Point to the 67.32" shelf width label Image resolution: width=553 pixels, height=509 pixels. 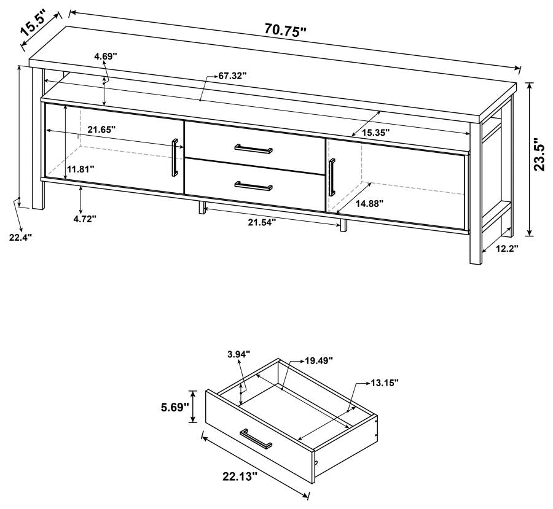tap(233, 76)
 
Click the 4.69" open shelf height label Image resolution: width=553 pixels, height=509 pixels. tap(105, 56)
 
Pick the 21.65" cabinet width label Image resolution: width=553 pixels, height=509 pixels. tap(101, 130)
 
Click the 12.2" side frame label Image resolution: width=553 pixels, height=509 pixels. tap(507, 249)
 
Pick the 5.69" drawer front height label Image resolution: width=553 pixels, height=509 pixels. tap(173, 406)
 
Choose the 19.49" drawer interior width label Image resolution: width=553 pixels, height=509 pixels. tap(319, 361)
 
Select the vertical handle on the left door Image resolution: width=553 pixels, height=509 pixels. tap(175, 158)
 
